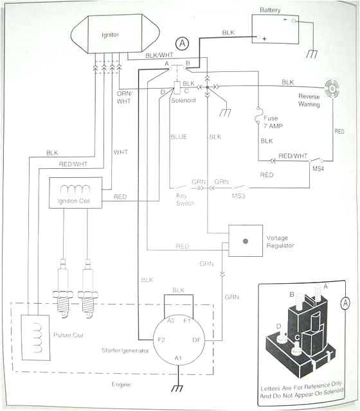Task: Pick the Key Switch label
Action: (x=185, y=199)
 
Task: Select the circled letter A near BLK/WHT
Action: (x=184, y=43)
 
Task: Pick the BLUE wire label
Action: (x=178, y=137)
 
